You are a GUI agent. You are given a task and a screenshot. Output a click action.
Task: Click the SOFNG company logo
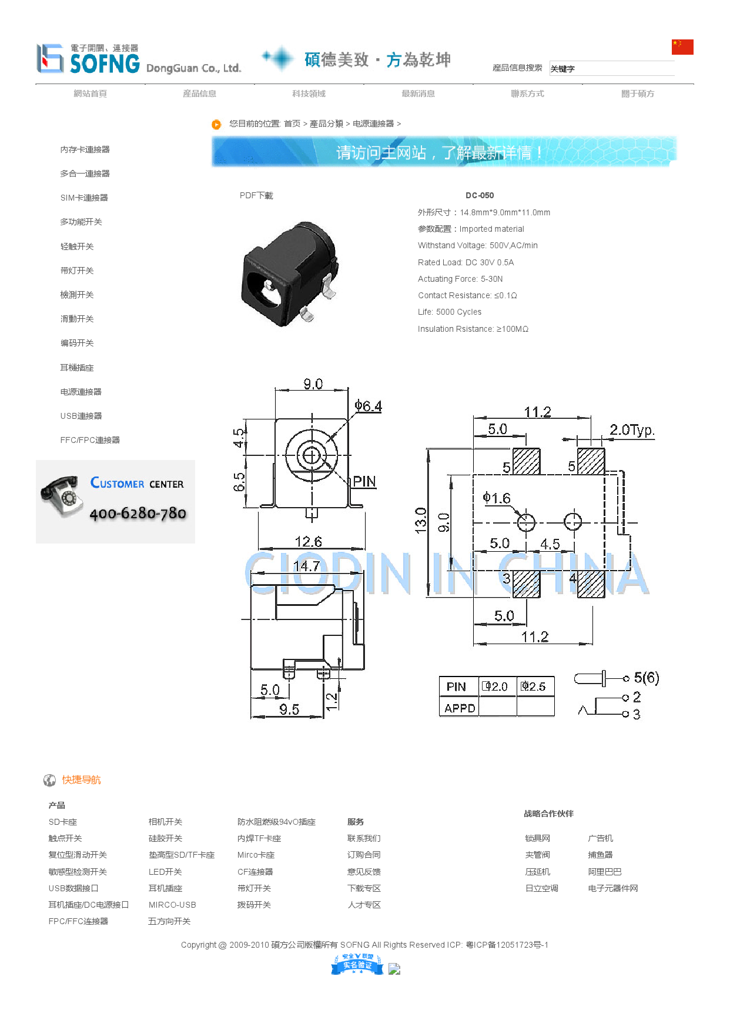tap(88, 59)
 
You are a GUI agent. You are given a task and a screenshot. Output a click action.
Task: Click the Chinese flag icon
tap(682, 47)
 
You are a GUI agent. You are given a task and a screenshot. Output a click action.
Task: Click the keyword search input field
tap(611, 69)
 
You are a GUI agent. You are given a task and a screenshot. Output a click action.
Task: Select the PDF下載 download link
tap(256, 196)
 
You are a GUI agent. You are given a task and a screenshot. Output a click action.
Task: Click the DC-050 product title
tap(480, 196)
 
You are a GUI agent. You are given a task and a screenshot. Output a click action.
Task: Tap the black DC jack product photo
tap(289, 274)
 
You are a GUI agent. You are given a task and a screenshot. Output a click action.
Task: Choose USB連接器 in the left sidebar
tap(81, 416)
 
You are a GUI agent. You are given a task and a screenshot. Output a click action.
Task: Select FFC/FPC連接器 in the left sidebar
tap(90, 440)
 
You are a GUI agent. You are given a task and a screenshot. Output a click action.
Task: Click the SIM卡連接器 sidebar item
tap(84, 198)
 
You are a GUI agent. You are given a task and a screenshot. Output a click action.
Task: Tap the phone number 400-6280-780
tap(138, 514)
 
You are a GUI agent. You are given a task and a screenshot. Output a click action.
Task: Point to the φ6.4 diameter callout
tap(369, 406)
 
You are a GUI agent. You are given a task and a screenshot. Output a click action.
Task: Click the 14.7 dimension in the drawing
tap(307, 566)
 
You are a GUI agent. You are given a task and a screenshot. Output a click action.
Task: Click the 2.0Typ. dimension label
tap(632, 430)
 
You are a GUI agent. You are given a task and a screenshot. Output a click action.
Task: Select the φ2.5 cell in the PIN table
tap(535, 687)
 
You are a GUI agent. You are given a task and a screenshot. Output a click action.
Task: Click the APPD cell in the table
tap(460, 708)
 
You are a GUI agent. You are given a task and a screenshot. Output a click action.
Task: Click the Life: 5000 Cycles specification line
tap(450, 312)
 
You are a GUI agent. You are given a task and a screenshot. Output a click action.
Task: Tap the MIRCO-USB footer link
tap(172, 905)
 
